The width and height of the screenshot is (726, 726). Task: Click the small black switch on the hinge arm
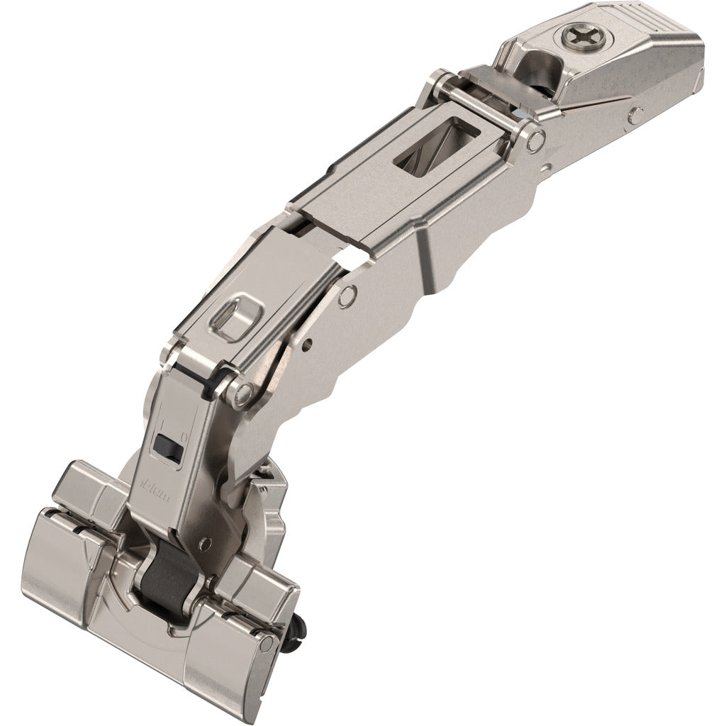click(165, 447)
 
